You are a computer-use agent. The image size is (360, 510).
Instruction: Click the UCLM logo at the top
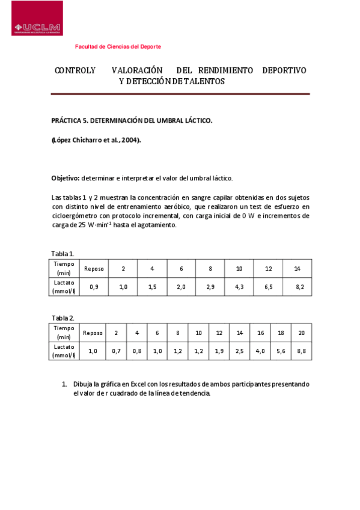click(x=37, y=18)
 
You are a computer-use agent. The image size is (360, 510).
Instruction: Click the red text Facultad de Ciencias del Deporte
click(x=118, y=46)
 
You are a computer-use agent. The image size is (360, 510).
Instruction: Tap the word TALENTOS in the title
click(x=204, y=81)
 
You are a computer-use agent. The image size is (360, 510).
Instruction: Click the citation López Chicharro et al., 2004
click(x=96, y=140)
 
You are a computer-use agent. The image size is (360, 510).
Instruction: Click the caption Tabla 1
click(x=63, y=253)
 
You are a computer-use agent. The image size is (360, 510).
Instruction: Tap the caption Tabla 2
click(x=63, y=318)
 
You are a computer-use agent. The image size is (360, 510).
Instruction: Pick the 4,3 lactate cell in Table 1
click(x=239, y=287)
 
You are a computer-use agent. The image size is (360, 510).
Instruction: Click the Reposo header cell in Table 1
click(x=94, y=268)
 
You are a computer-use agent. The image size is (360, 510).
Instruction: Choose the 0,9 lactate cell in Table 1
click(x=94, y=287)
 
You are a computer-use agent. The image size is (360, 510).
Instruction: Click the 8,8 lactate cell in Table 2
click(x=301, y=351)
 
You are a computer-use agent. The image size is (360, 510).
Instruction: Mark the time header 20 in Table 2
click(x=301, y=333)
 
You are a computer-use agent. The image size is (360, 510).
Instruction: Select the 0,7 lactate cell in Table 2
click(x=117, y=351)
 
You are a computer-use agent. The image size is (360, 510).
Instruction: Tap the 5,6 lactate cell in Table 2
click(x=281, y=351)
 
